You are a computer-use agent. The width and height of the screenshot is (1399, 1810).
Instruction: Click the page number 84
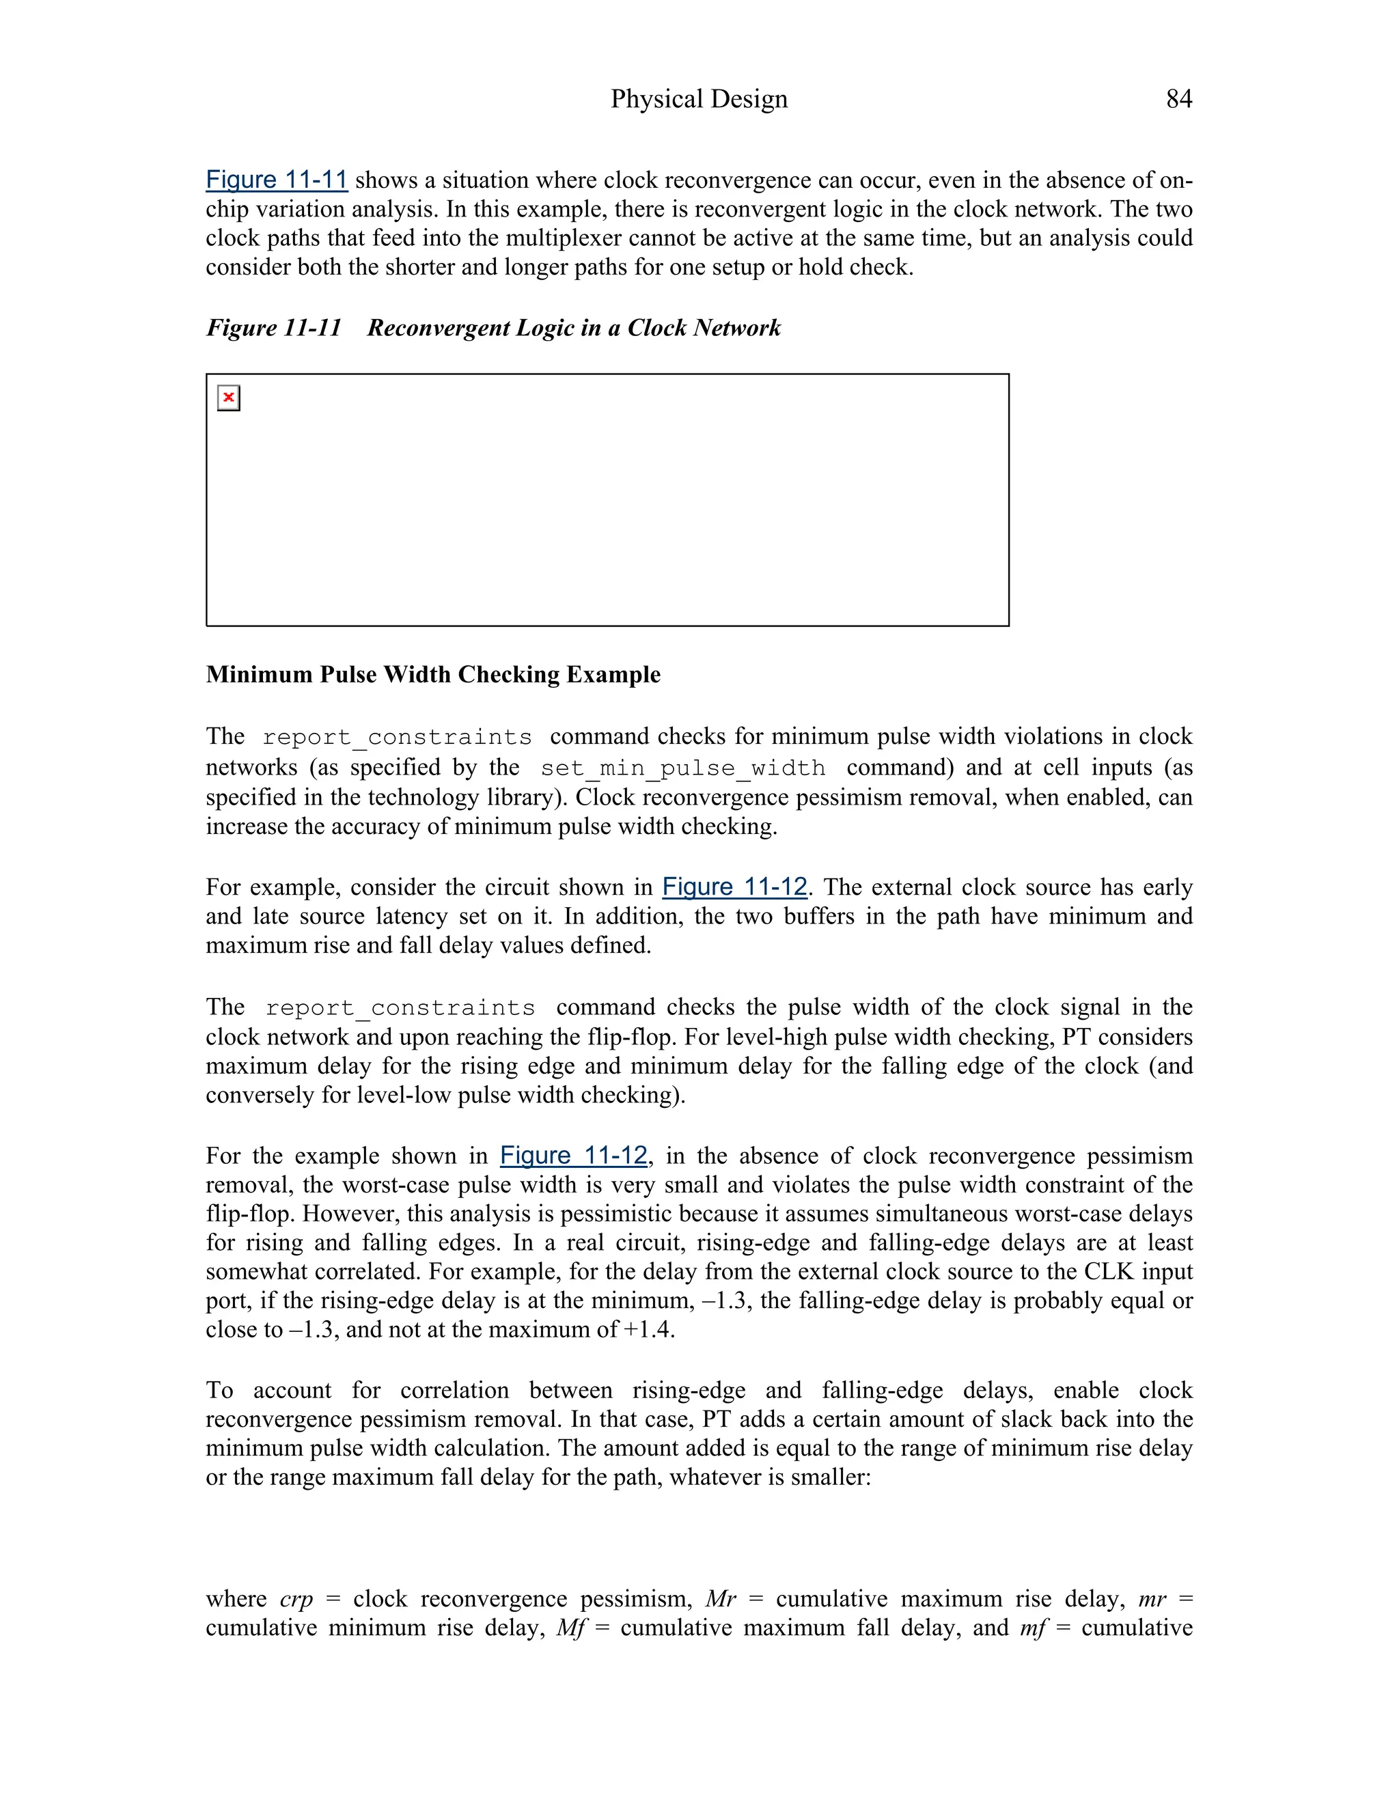click(x=1178, y=100)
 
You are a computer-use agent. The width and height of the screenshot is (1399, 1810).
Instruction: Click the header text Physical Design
click(x=699, y=100)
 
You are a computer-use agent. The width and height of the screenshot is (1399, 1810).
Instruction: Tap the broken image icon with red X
click(x=229, y=398)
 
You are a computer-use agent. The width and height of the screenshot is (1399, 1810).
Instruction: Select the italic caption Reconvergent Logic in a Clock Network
click(x=574, y=328)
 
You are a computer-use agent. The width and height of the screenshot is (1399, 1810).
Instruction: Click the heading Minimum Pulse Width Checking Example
click(x=432, y=675)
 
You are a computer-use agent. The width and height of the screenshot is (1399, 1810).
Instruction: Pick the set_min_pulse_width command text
click(x=683, y=768)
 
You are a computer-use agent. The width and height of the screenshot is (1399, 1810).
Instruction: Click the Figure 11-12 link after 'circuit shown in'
click(x=734, y=888)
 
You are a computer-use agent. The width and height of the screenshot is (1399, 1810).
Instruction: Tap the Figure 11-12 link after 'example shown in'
click(x=574, y=1156)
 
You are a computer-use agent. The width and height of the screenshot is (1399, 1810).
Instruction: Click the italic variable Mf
click(x=571, y=1628)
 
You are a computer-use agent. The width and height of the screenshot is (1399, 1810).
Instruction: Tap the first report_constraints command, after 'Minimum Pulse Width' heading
click(x=397, y=738)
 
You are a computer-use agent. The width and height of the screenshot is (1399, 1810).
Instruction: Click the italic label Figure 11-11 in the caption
click(x=273, y=328)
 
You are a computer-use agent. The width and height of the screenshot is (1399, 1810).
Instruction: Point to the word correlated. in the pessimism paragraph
click(x=340, y=1272)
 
